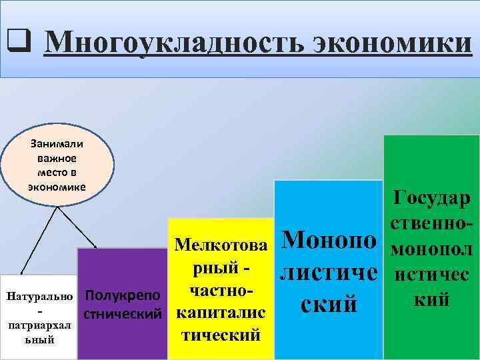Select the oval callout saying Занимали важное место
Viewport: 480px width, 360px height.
[57, 165]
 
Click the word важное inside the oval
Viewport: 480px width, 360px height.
[57, 159]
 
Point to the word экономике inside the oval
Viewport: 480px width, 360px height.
[57, 187]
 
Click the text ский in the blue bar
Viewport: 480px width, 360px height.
[328, 305]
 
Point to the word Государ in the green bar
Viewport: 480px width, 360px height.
[432, 198]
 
